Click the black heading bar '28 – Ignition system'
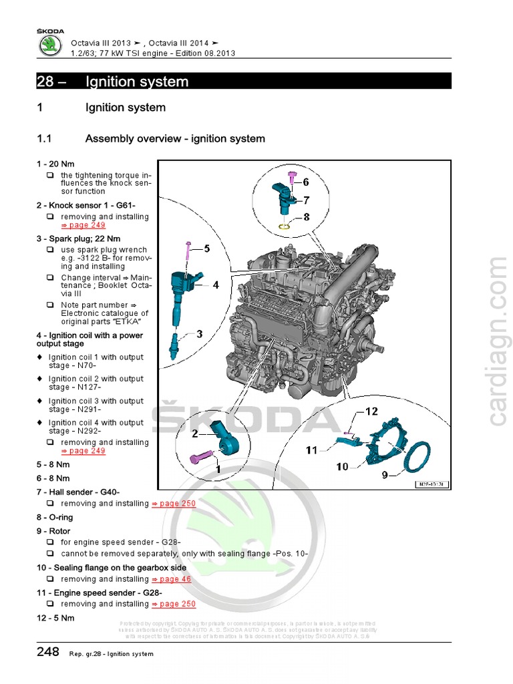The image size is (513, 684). (244, 81)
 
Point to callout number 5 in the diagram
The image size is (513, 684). (206, 249)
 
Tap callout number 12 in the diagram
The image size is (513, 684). (371, 411)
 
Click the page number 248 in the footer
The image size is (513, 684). (48, 652)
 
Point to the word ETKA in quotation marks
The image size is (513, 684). (126, 322)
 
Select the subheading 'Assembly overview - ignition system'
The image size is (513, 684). (175, 139)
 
